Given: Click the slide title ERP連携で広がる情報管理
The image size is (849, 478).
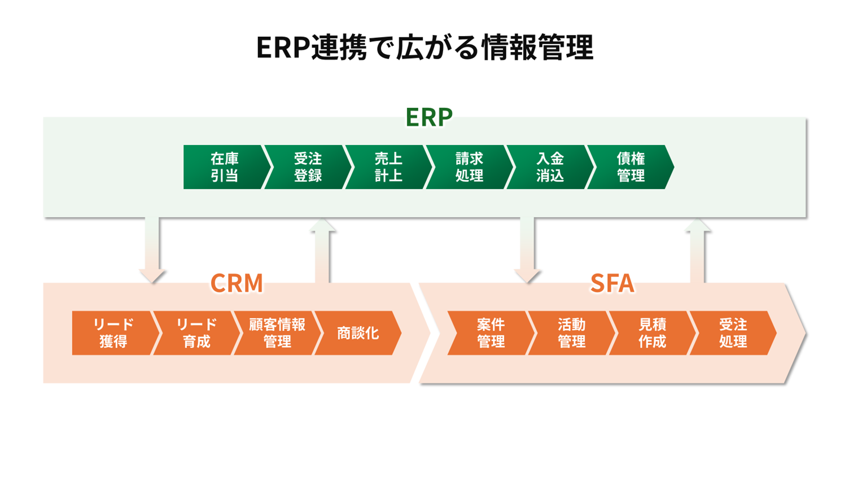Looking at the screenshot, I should tap(424, 47).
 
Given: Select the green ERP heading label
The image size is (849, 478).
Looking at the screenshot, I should tap(429, 117).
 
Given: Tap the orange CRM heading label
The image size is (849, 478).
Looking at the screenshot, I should tap(237, 283).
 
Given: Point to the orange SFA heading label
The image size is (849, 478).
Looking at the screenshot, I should tap(612, 283).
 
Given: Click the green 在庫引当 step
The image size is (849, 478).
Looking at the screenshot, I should tap(224, 167).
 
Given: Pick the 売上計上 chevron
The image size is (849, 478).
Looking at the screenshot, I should tap(388, 167).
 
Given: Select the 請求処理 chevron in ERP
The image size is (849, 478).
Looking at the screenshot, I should tap(469, 167).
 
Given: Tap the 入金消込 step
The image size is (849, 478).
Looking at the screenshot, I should tap(550, 167).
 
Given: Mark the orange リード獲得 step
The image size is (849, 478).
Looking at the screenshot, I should tap(113, 333).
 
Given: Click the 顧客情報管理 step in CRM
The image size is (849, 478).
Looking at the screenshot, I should tap(277, 333).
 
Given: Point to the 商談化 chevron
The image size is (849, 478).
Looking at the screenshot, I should tap(358, 333).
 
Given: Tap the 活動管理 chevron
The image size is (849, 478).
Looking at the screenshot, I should tap(571, 333).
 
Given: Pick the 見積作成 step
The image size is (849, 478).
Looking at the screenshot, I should tap(652, 333).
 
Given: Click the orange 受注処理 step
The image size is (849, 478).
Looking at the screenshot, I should tap(733, 333).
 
